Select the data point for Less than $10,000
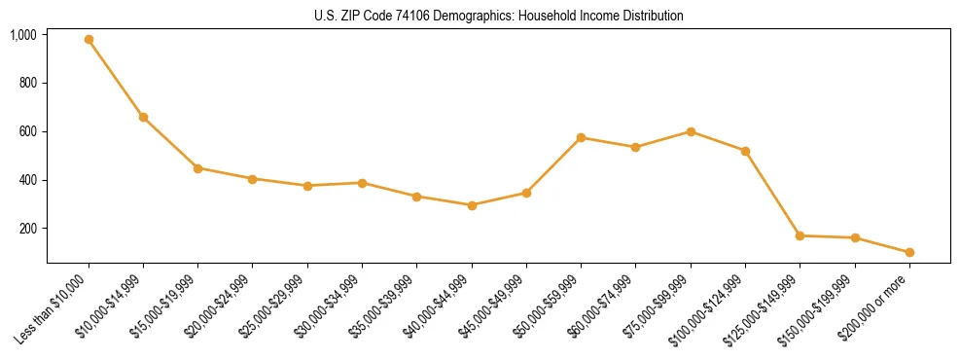point(89,40)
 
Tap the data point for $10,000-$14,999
point(143,118)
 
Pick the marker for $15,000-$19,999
point(197,168)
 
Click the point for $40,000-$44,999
point(472,205)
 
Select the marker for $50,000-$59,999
point(581,137)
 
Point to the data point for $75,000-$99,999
point(691,131)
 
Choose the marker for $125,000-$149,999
point(800,235)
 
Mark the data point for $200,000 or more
point(909,252)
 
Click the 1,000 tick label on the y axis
point(23,35)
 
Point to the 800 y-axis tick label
point(27,84)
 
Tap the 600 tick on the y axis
point(27,131)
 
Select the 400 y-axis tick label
point(27,180)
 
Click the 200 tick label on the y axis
point(27,229)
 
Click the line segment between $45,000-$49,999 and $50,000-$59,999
point(553,165)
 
